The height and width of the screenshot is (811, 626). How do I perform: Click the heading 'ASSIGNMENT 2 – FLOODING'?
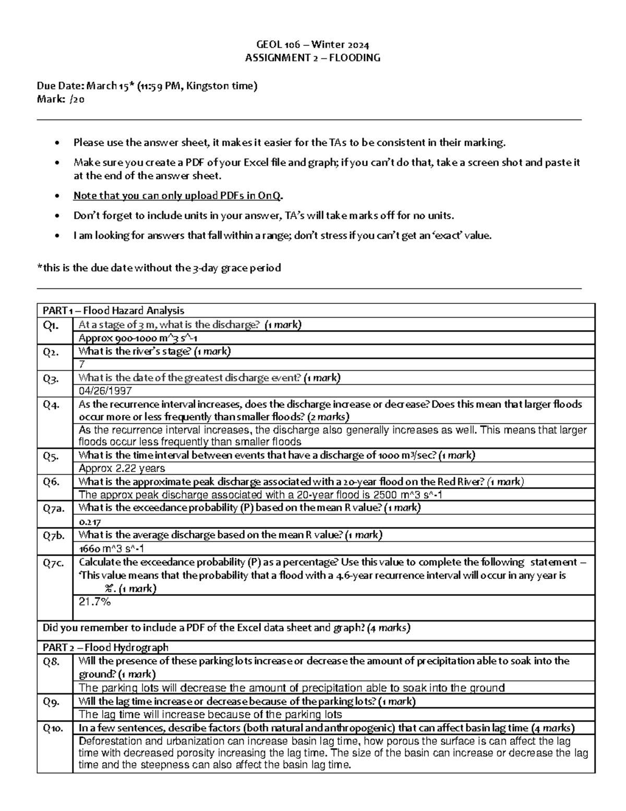pos(312,58)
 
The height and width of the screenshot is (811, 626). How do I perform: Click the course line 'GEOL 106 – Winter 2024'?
pos(312,45)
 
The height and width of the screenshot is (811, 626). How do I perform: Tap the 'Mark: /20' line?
pos(60,100)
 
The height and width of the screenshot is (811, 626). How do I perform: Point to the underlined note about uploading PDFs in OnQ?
pos(178,196)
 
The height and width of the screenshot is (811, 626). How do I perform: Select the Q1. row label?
pos(51,325)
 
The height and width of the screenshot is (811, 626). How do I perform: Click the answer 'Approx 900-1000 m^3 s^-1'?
pos(137,338)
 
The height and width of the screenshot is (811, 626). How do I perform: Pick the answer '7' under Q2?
pos(81,365)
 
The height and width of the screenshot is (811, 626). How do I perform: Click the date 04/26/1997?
pos(105,391)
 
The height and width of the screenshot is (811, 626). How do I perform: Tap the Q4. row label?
pos(51,404)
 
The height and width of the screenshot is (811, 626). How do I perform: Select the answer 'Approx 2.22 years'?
pos(122,468)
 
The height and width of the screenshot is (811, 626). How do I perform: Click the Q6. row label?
pos(51,481)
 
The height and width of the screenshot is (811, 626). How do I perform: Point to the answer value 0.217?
pos(90,522)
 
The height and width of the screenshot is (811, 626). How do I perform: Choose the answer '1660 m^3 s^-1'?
pos(111,549)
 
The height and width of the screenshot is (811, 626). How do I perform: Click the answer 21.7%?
pos(94,602)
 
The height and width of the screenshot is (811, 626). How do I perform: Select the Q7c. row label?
pos(53,562)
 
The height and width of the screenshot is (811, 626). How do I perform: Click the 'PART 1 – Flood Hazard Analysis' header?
pos(113,311)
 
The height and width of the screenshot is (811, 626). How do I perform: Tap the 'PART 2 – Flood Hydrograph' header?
pos(105,648)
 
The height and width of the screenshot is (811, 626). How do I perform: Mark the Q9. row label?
pos(51,701)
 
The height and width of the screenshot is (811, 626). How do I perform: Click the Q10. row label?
pos(53,728)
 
